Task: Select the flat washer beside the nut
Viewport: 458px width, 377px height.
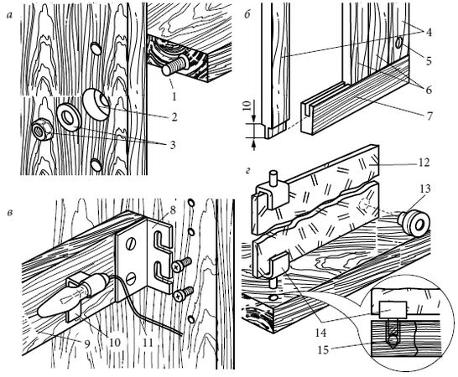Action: point(69,116)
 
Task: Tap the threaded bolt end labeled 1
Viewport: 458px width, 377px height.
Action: point(174,66)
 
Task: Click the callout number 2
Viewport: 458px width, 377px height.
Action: point(174,117)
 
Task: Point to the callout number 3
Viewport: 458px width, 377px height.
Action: point(173,145)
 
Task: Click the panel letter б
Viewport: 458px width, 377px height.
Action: point(247,14)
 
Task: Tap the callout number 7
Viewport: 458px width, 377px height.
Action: point(428,116)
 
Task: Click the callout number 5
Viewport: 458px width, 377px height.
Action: point(428,62)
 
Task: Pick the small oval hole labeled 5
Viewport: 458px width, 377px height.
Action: point(398,44)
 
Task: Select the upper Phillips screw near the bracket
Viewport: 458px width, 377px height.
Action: point(182,264)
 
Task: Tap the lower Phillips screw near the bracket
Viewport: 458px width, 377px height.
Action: point(184,294)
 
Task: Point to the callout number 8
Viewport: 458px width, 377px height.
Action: point(173,210)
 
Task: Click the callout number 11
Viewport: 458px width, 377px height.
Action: point(148,343)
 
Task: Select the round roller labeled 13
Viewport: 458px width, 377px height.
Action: point(414,222)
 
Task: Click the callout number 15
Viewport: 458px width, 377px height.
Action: point(323,349)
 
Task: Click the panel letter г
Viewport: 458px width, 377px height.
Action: point(248,171)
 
